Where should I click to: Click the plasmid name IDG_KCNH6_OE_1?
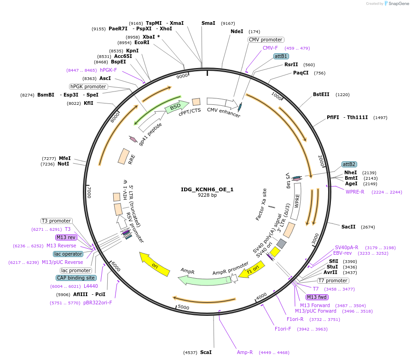[207, 189]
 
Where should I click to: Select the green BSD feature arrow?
[176, 107]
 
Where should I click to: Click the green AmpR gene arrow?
[198, 279]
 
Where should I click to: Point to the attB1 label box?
[281, 56]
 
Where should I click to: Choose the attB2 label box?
[349, 164]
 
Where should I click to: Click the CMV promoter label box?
[266, 40]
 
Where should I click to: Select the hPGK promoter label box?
[88, 86]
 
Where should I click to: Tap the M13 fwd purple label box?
[317, 297]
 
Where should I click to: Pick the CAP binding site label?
[76, 278]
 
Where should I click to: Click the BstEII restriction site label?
[321, 95]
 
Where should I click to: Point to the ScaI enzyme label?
[206, 352]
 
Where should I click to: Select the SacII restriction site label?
[348, 227]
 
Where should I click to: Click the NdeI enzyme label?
[237, 32]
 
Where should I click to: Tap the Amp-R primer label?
[245, 352]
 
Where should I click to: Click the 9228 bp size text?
[207, 195]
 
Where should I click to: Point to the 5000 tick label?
[183, 307]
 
